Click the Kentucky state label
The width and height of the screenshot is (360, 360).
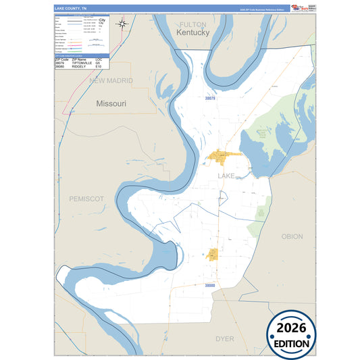pyautogui.click(x=192, y=32)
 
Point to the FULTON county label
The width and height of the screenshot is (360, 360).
pyautogui.click(x=192, y=24)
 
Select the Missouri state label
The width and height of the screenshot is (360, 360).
pyautogui.click(x=111, y=105)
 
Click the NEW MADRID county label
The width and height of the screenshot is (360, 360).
pyautogui.click(x=111, y=81)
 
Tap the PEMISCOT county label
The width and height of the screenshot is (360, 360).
pyautogui.click(x=86, y=199)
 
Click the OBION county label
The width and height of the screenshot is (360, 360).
pyautogui.click(x=292, y=236)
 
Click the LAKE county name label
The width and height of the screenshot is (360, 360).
pyautogui.click(x=226, y=176)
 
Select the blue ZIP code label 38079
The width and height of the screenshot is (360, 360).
pyautogui.click(x=212, y=98)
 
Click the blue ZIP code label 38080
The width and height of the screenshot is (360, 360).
pyautogui.click(x=210, y=286)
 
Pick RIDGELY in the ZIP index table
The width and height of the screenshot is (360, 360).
pyautogui.click(x=76, y=67)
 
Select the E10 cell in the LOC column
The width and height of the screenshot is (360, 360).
pyautogui.click(x=99, y=67)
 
